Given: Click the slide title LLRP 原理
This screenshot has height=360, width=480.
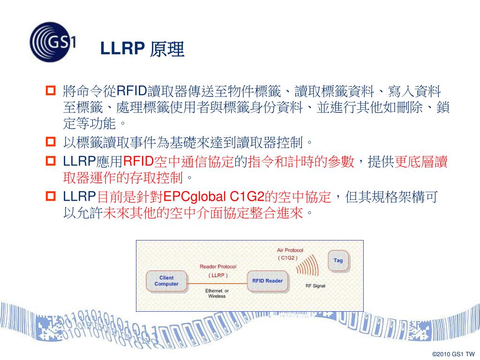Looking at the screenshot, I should coord(142,49).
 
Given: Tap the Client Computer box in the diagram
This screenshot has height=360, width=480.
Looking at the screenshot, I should coord(166,281).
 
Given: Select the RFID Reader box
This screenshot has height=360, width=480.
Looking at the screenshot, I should coord(267,281).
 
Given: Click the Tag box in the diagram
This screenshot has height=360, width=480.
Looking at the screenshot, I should coord(338,261).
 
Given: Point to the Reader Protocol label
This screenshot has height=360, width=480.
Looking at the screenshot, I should coord(218,267).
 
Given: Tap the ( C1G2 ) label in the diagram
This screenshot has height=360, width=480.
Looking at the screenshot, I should coord(287,258).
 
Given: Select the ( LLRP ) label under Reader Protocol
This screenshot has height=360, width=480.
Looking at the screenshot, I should coord(218,275).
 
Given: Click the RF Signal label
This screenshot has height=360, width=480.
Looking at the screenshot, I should coord(315,285).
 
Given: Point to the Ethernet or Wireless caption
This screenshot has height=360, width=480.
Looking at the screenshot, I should coord(217,293).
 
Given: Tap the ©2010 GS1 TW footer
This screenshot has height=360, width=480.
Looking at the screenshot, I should coord(453,354).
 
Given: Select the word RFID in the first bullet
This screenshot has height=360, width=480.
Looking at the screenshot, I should coord(131,90).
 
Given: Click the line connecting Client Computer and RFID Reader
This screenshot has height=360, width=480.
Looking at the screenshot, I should coord(217,281).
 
